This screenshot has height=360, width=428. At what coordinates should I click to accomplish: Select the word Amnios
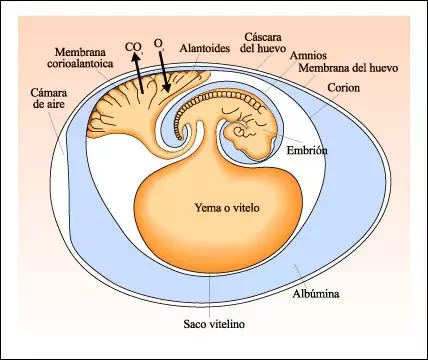click(x=308, y=55)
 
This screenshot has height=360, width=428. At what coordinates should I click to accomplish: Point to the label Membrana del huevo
click(x=334, y=69)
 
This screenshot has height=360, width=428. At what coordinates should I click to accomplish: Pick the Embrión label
click(x=306, y=151)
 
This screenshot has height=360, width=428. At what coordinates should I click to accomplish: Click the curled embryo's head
click(x=244, y=129)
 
